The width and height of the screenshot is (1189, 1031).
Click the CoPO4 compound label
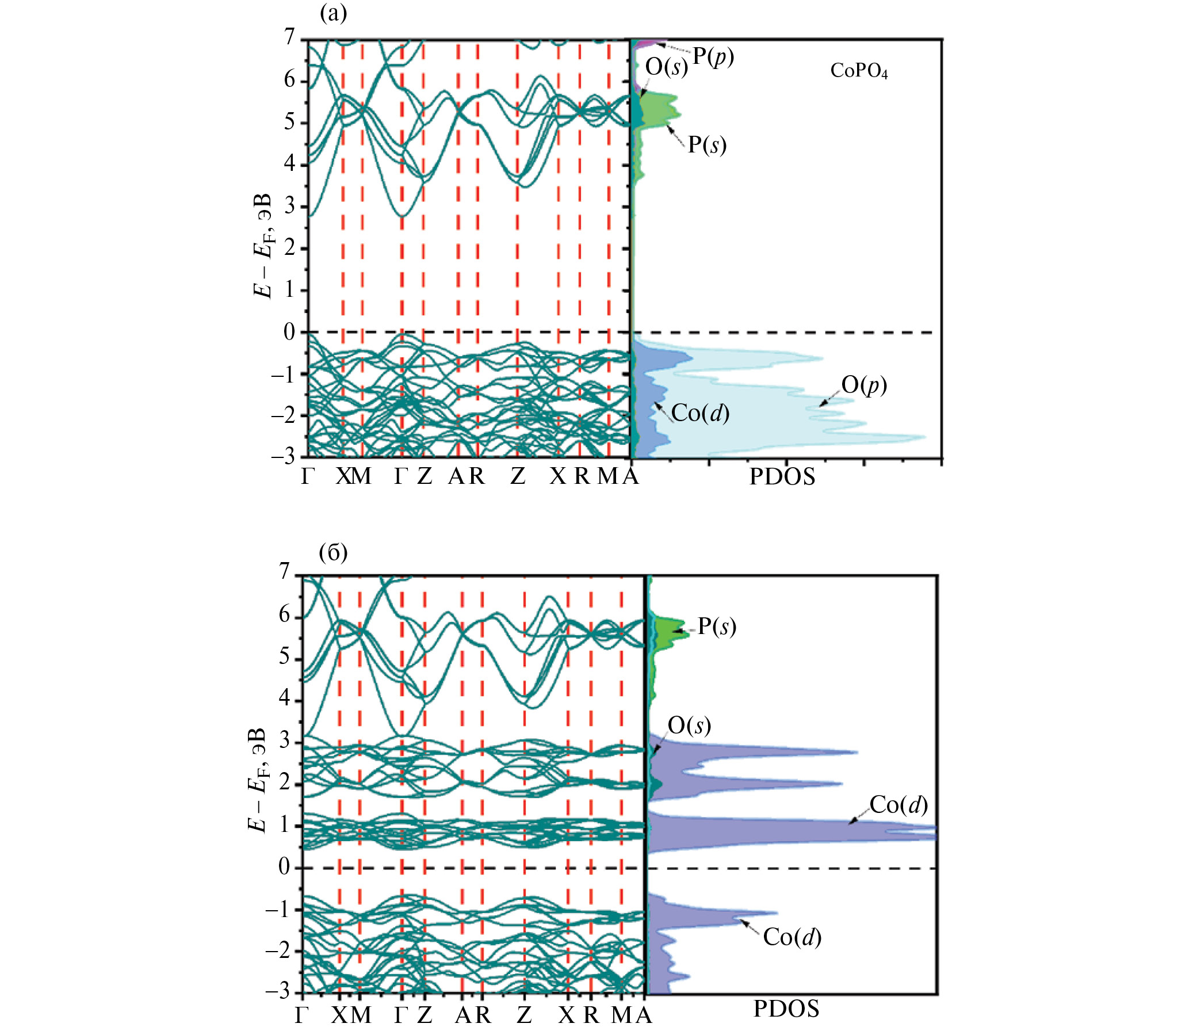pos(859,71)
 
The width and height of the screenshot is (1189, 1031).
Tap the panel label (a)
pos(333,13)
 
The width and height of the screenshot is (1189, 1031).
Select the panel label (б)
pos(333,553)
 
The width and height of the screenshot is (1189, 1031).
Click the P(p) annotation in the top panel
pos(713,57)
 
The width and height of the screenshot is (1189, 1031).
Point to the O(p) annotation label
pos(864,385)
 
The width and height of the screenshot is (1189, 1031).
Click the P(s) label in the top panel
pos(707,144)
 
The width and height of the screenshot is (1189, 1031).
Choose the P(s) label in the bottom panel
pos(717,627)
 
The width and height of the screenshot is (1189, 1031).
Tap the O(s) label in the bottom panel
pos(689,725)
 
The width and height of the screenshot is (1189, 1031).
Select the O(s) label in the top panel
pos(667,67)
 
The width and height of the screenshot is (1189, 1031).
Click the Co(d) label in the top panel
pos(700,413)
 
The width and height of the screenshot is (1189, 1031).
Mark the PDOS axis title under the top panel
pos(782,477)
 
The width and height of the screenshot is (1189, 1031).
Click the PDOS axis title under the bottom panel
pos(786,1009)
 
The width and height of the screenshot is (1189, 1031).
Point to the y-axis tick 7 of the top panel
pos(289,37)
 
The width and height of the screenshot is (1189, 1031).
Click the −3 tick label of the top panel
pos(282,457)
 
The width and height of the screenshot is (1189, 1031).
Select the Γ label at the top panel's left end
pos(308,476)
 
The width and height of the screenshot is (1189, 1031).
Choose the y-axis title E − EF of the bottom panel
pos(257,780)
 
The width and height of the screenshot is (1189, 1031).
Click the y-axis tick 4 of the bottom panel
pos(284,699)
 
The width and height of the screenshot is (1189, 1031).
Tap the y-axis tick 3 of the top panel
pos(289,206)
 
